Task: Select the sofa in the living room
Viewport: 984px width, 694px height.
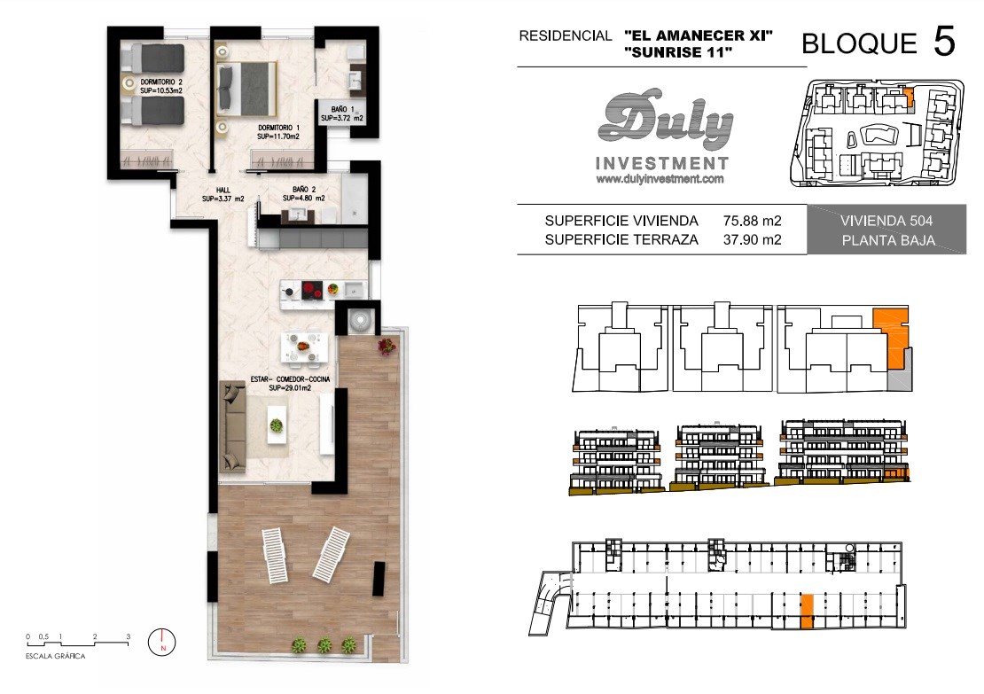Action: tap(232, 427)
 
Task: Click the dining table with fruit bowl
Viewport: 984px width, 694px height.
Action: tap(304, 346)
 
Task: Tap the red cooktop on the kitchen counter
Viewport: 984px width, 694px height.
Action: tap(313, 290)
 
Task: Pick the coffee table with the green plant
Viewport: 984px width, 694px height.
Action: tap(277, 425)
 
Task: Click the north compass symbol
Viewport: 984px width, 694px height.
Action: tap(162, 643)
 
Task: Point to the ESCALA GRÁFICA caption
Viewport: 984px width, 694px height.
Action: tap(55, 657)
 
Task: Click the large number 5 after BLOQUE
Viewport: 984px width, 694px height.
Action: tap(944, 42)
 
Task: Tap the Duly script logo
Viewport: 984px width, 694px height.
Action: tap(665, 121)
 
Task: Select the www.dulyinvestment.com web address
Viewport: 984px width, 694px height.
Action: tap(660, 179)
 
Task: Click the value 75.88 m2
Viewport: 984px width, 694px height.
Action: tap(752, 221)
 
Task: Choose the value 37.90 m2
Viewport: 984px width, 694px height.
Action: tap(752, 239)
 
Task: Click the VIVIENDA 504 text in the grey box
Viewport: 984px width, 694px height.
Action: tap(886, 221)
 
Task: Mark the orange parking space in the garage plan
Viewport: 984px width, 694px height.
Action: tap(807, 612)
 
